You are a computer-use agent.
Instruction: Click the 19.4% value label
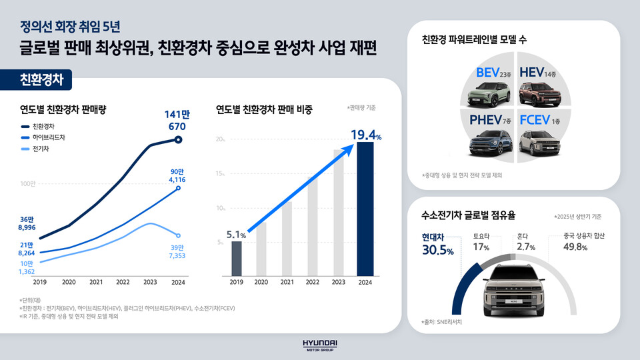point(367,136)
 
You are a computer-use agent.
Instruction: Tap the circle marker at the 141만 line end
point(178,139)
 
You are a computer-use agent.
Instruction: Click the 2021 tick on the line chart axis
point(95,282)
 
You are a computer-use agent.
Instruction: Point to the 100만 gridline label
point(28,183)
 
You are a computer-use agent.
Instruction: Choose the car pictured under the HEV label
point(540,94)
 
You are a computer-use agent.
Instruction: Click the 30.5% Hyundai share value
point(437,251)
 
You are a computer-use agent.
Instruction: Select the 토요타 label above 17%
point(481,235)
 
